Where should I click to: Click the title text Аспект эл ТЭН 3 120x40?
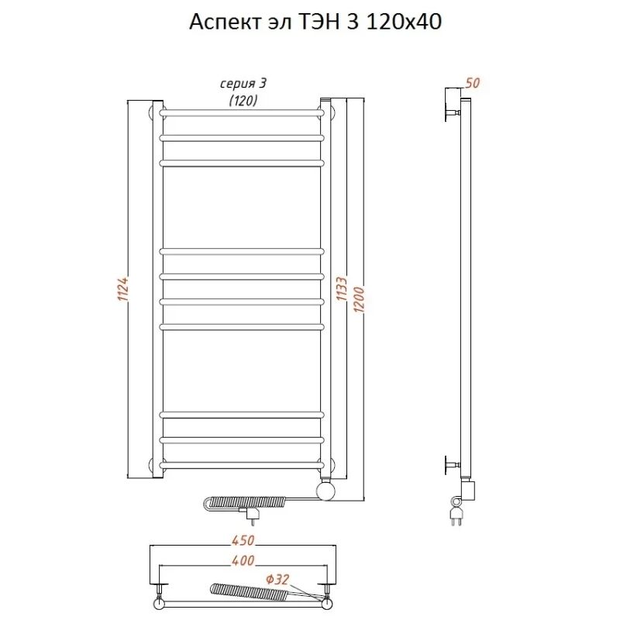point(315,22)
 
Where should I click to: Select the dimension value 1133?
point(340,290)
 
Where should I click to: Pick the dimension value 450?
point(242,540)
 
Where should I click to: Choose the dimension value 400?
point(242,560)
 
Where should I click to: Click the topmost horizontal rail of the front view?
point(242,113)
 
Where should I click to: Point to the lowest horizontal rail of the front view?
point(242,465)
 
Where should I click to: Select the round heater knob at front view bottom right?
point(327,490)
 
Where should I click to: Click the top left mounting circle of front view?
point(153,113)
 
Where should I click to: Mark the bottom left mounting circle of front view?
point(153,465)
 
